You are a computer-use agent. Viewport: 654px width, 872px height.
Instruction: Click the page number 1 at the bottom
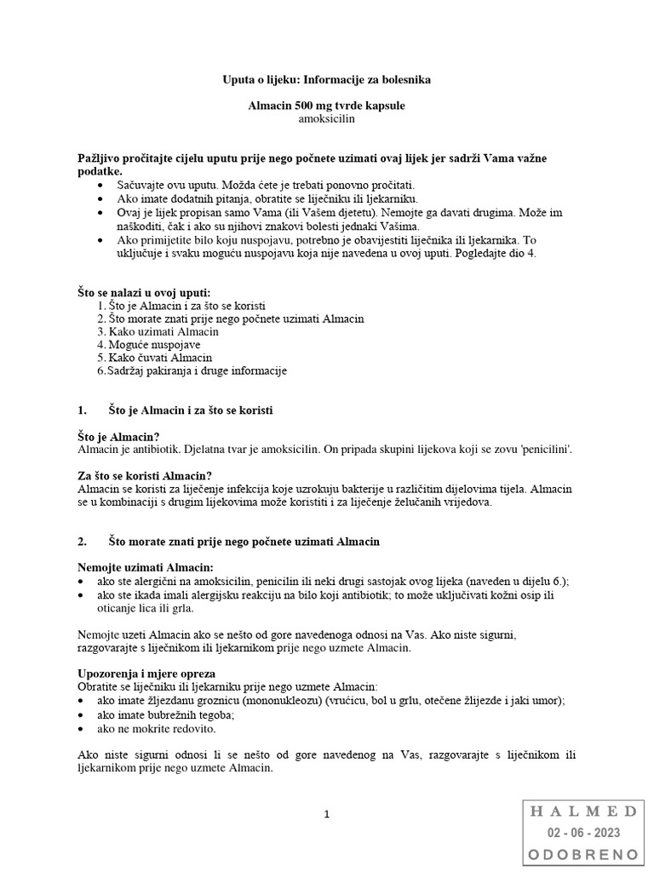[x=326, y=815]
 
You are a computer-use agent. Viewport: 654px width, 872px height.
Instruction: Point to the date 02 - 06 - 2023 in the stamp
[x=583, y=833]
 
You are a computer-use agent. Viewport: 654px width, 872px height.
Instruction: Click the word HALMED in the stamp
[x=583, y=812]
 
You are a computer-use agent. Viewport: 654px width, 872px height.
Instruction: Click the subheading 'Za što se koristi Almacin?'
[x=145, y=475]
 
